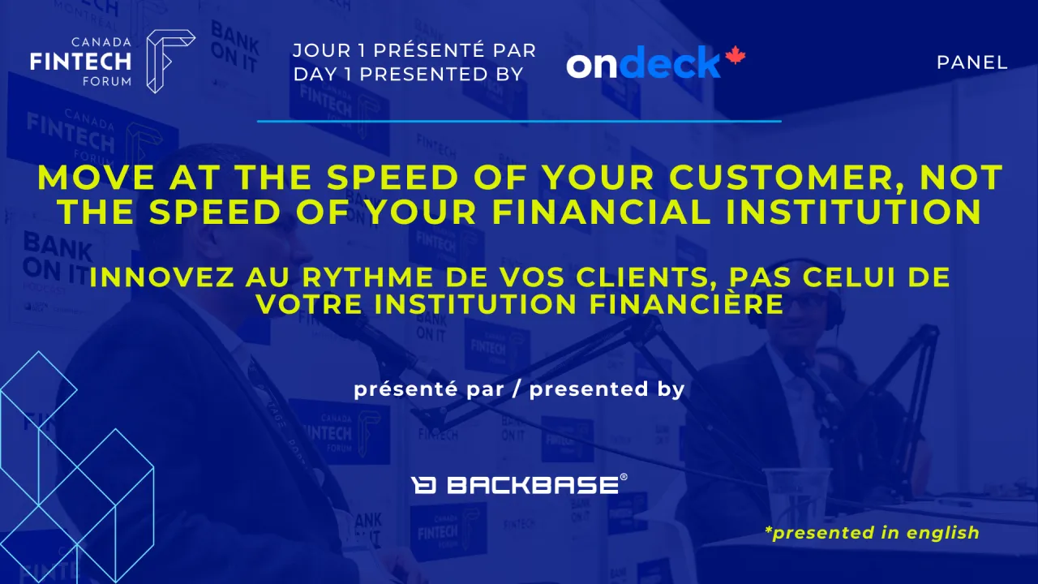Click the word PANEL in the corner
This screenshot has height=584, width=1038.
[x=972, y=62]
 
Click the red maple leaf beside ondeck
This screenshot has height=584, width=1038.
[x=735, y=57]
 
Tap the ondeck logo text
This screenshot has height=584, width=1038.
[x=644, y=63]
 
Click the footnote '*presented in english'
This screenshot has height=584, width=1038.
[x=872, y=533]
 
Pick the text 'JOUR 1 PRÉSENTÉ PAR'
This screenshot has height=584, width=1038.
[x=414, y=50]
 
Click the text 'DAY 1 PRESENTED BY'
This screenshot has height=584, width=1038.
[x=408, y=74]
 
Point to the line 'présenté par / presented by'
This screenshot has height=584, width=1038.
[x=519, y=389]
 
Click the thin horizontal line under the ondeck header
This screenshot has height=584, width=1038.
[x=519, y=122]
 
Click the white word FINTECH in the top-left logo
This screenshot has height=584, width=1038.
[x=81, y=61]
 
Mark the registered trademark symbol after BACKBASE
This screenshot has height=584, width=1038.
[x=623, y=478]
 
